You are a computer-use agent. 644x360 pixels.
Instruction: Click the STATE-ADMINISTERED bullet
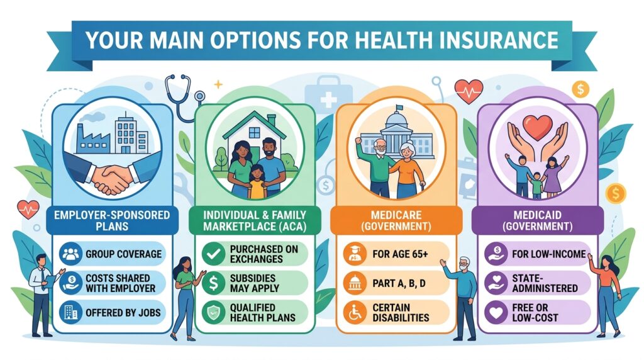point(544,283)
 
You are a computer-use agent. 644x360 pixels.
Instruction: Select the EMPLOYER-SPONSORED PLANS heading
point(112,221)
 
